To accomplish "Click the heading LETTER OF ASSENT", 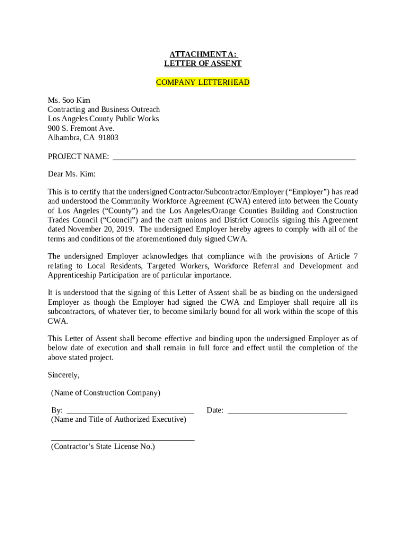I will tap(203, 64).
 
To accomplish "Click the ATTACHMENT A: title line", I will tap(203, 55).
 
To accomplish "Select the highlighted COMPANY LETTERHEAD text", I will tap(203, 83).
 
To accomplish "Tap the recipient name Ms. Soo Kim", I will tap(69, 100).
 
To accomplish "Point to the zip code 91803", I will tap(108, 138).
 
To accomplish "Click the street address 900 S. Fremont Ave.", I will tap(81, 128).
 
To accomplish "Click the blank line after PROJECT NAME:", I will tap(234, 157).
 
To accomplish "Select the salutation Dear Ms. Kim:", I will tap(72, 174).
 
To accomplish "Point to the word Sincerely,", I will tap(64, 375).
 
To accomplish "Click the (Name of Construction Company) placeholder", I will tap(105, 393).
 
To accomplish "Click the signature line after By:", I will tap(130, 411).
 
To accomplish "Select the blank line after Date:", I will tap(287, 411).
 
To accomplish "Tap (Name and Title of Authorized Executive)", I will tap(119, 420).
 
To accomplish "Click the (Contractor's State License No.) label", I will tap(103, 447).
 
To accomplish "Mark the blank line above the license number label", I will tap(122, 439).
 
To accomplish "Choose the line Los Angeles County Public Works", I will tap(103, 119).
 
